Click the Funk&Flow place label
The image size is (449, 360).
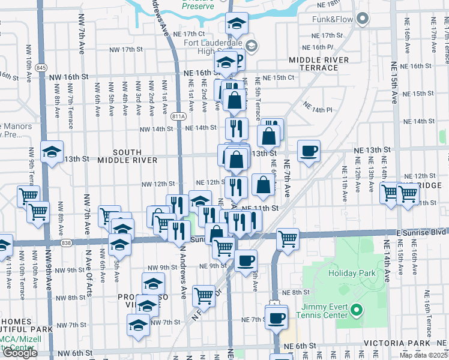click(331, 20)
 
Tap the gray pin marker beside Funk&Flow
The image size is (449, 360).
click(362, 20)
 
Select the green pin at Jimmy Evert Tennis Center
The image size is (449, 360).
click(357, 310)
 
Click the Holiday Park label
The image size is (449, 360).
click(352, 273)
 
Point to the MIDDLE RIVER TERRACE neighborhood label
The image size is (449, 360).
click(318, 64)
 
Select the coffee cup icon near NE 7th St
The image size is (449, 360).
click(277, 317)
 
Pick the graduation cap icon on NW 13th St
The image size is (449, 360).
click(52, 151)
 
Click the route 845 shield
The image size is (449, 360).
click(41, 67)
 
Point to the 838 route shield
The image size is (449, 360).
click(66, 242)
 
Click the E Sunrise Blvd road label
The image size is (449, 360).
click(420, 232)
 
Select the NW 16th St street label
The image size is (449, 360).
click(68, 77)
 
